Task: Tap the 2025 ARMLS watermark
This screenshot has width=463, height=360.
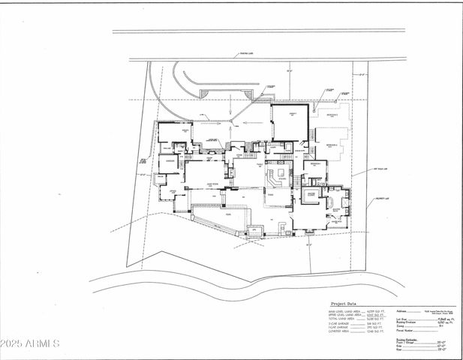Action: tap(30, 343)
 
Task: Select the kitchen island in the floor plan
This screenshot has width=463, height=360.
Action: tap(277, 176)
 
